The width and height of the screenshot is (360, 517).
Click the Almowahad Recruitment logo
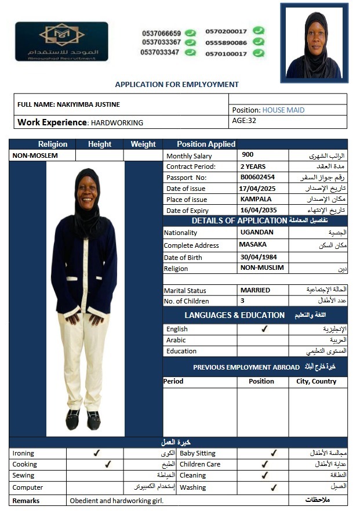[61, 41]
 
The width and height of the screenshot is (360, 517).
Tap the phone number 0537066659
[161, 33]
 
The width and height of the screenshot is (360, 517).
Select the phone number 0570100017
[226, 53]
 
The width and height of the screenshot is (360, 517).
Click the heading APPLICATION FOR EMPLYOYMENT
[177, 84]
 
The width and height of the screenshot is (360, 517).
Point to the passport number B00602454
[257, 177]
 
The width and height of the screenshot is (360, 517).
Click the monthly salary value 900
[248, 155]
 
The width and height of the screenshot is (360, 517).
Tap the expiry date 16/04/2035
[258, 210]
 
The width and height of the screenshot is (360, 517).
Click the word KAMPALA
[256, 199]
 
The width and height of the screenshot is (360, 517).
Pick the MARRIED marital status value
[255, 290]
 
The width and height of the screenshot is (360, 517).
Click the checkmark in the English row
[264, 329]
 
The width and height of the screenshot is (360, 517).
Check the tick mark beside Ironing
[97, 453]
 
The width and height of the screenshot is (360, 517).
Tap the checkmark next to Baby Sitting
[274, 453]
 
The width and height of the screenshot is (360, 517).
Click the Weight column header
[143, 144]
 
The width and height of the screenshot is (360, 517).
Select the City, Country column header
[316, 381]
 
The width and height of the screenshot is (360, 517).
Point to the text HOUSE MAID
[283, 110]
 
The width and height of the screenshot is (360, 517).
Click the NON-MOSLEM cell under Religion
[35, 156]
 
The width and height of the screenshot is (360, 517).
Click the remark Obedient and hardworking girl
[117, 500]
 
